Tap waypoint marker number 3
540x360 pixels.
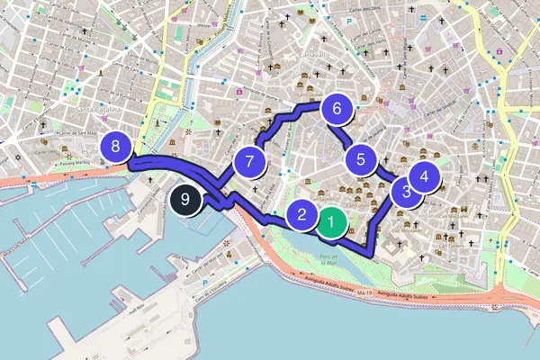[407, 191]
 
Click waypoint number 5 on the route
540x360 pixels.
[361, 160]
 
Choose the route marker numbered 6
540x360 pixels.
[337, 109]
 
